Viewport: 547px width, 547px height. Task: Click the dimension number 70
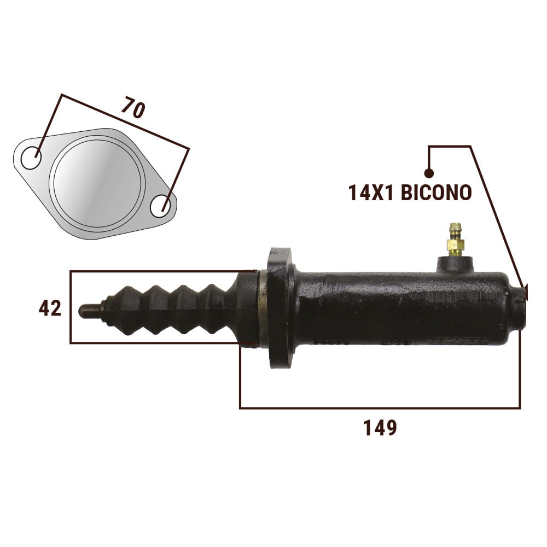pos(133,108)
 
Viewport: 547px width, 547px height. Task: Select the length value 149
pos(380,428)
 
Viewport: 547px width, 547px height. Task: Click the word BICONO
pos(436,193)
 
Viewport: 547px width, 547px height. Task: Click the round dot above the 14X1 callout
pos(429,173)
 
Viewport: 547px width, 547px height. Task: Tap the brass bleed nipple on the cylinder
pos(455,240)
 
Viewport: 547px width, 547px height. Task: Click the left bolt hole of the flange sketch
pos(31,158)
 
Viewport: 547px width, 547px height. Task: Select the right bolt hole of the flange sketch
pos(161,206)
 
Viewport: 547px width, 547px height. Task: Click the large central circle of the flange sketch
pos(97,184)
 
